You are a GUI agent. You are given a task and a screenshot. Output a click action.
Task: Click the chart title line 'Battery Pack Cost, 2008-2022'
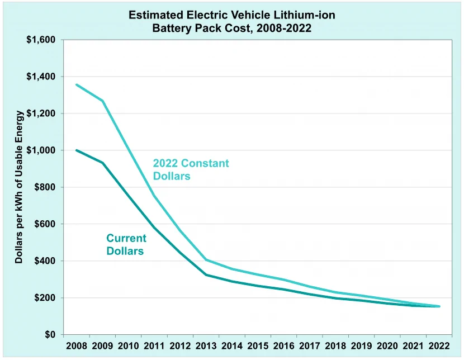tap(231, 28)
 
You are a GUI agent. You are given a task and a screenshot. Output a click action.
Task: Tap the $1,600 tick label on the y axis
tap(41, 40)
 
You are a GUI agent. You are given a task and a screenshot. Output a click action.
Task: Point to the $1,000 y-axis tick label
tap(41, 150)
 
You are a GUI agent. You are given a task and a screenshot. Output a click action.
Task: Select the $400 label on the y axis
tap(45, 261)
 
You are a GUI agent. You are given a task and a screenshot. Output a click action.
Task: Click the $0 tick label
tap(50, 334)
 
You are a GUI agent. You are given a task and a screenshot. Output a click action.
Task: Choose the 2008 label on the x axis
tap(77, 346)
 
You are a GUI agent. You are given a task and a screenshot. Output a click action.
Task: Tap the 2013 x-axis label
tap(206, 346)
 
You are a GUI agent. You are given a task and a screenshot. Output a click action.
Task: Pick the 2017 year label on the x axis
tap(310, 346)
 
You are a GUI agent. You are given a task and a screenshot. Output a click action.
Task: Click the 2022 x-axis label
tap(439, 346)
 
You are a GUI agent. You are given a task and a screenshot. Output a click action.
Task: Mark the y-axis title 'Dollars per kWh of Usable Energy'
tap(19, 187)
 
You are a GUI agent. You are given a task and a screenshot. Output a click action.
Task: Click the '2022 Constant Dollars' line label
tap(191, 169)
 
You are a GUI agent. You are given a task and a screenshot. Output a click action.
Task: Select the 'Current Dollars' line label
tap(126, 245)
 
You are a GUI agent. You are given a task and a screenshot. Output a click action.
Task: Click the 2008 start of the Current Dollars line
tap(77, 150)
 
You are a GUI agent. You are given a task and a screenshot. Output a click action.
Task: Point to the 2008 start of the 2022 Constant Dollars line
tap(77, 84)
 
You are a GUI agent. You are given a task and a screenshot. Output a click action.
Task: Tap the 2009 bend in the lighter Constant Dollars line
tap(102, 101)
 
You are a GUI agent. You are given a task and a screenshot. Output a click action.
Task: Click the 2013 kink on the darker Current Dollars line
tap(206, 275)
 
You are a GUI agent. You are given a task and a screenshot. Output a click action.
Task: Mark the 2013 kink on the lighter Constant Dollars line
tap(206, 260)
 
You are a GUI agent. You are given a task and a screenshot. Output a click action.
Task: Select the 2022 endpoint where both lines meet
tap(439, 306)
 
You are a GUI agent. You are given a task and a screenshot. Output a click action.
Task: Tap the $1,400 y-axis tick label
tap(41, 77)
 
